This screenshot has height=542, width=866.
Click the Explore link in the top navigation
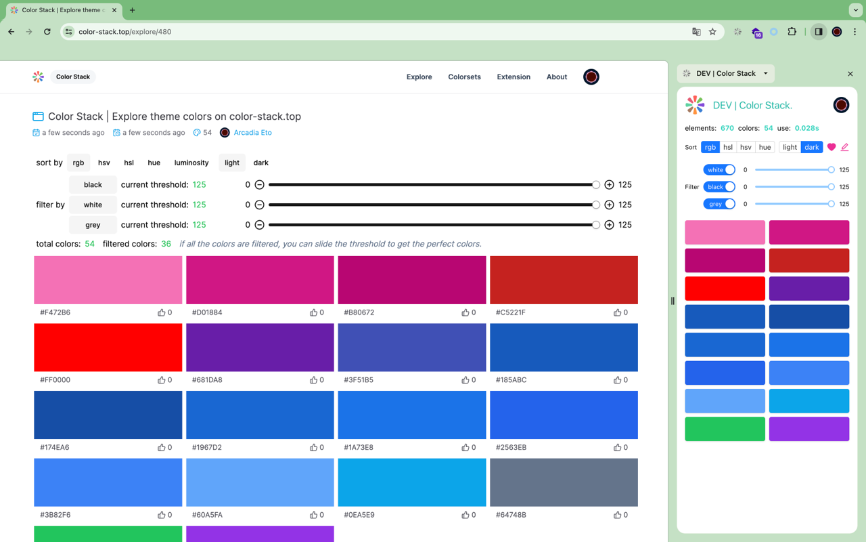click(419, 77)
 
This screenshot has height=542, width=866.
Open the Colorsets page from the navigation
click(464, 77)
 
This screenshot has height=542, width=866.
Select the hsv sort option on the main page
click(104, 163)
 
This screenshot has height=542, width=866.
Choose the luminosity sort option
click(191, 163)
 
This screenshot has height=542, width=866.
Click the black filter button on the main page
click(93, 184)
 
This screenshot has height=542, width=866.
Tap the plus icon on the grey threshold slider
click(609, 225)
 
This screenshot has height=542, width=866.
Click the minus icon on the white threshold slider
click(259, 205)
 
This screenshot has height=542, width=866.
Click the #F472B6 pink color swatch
click(108, 280)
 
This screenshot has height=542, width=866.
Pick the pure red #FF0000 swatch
click(108, 347)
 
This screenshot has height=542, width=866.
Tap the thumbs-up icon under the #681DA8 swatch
click(313, 380)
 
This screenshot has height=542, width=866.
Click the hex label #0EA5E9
click(359, 515)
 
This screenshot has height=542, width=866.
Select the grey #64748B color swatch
click(564, 482)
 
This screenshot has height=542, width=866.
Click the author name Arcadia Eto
click(252, 133)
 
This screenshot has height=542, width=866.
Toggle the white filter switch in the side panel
click(719, 170)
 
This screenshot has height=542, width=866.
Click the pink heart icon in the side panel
click(831, 147)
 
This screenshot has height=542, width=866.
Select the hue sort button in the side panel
click(765, 147)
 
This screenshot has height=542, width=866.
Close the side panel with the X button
click(850, 74)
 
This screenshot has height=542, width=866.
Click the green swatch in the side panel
click(725, 429)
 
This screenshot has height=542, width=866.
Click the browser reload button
click(47, 32)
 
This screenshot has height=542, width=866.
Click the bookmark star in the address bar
click(712, 32)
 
